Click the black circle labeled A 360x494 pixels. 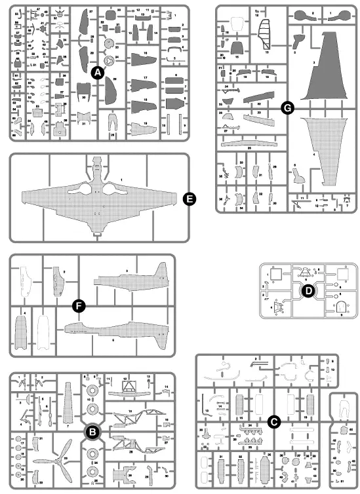tap(96, 74)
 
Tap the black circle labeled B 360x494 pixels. tap(92, 431)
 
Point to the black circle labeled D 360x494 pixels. tap(306, 291)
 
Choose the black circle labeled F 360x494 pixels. tap(77, 305)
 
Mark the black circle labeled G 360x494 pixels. tap(286, 108)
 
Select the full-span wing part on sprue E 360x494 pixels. tap(99, 197)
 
